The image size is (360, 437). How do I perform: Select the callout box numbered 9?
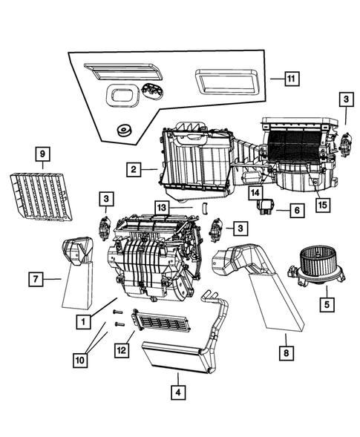pos(43,154)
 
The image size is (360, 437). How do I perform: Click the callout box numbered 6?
pos(295,211)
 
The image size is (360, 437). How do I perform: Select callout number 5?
pos(324,303)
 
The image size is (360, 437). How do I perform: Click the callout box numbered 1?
pos(88,322)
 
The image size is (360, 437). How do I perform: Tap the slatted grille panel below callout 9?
pos(42,194)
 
